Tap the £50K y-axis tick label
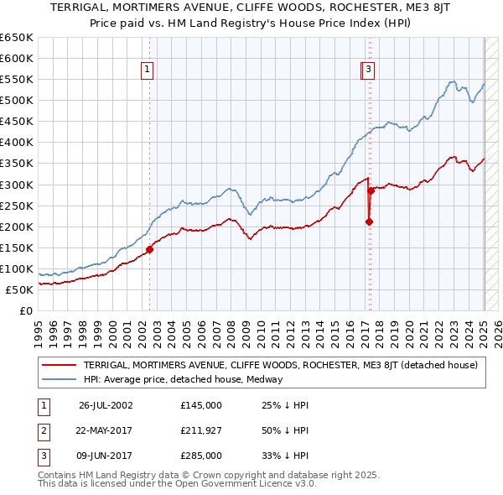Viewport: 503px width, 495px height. click(19, 289)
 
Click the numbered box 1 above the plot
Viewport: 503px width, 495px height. click(148, 70)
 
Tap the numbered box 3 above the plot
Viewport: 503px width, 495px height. click(369, 70)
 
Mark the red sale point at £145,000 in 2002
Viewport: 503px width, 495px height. click(150, 249)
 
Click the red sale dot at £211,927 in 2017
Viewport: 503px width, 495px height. click(369, 221)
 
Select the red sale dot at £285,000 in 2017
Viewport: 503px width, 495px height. click(371, 191)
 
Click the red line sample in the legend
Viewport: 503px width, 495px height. click(60, 365)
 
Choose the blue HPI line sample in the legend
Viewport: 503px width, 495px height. click(60, 379)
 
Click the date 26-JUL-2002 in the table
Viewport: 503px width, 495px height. click(106, 405)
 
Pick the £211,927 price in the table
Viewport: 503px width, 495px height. click(201, 430)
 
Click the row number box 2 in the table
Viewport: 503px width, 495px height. click(42, 430)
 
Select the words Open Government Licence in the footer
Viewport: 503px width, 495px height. click(243, 484)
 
